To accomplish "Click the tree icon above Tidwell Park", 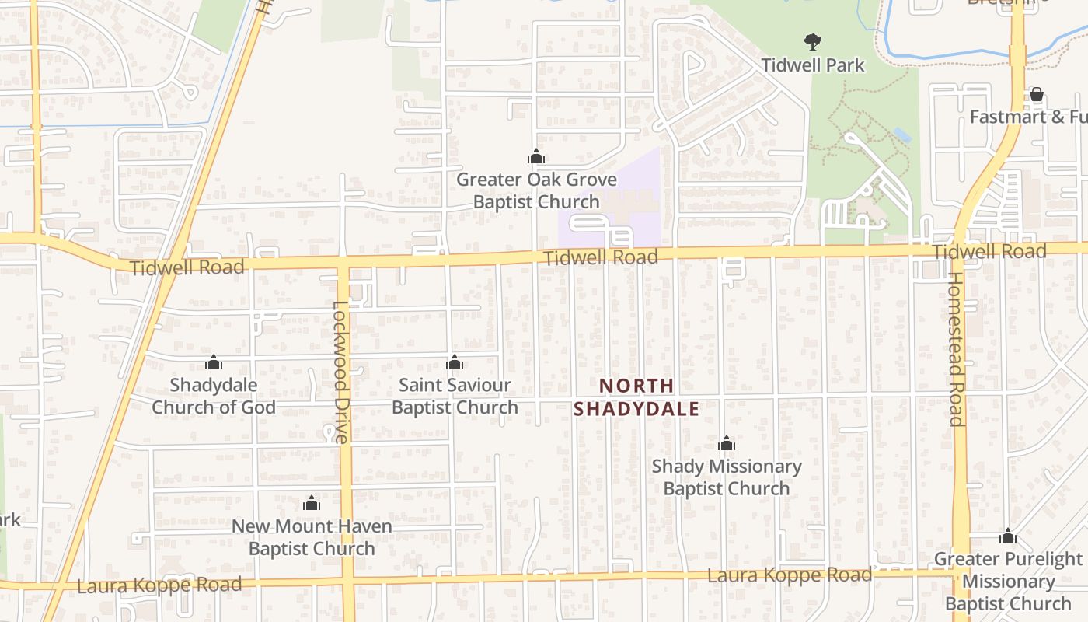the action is [x=813, y=41].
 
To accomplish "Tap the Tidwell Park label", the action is [x=813, y=65].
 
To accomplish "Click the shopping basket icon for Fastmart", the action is [x=1037, y=95].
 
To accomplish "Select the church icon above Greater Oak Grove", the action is [x=536, y=157].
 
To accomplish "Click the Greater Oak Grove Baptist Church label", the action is [x=536, y=190].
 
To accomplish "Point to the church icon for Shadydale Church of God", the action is [x=214, y=362].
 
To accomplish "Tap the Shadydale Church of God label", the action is [x=214, y=396].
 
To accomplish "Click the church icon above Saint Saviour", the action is [x=455, y=362].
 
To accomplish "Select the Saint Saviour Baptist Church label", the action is [x=455, y=396].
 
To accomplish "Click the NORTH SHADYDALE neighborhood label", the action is [x=636, y=397].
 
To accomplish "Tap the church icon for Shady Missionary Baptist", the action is [x=727, y=444].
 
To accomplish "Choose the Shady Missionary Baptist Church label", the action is [x=727, y=477].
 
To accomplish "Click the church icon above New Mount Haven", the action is [x=312, y=504].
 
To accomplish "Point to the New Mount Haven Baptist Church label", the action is [x=312, y=537].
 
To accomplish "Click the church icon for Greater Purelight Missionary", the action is [x=1008, y=536].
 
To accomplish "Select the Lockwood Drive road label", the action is [x=341, y=372].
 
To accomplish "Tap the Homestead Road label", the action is [x=957, y=348].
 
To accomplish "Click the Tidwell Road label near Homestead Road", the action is [x=989, y=251].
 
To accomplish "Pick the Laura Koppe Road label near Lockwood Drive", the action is [x=159, y=585].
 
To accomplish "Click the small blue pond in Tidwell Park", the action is [x=902, y=135].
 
